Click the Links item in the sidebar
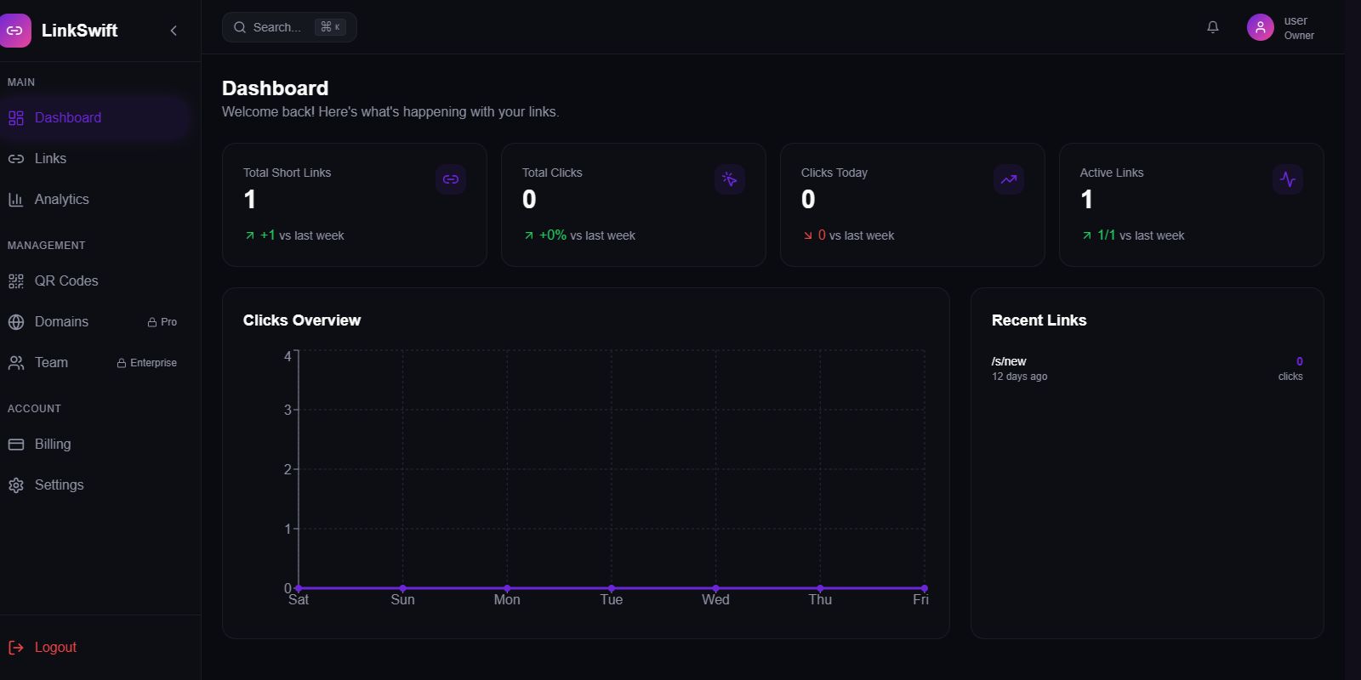coord(49,159)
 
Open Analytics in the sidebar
coord(61,200)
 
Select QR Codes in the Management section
coord(65,281)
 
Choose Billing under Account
coord(52,445)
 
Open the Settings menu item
coord(59,485)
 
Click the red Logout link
coord(54,648)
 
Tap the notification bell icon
coord(1213,27)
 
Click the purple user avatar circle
coord(1260,27)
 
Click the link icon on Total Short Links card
coord(451,179)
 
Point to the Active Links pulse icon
coord(1288,179)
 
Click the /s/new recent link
coord(1009,361)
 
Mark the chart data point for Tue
coord(612,588)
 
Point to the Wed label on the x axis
coord(715,600)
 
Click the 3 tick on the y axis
coord(288,410)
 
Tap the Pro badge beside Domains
coord(162,322)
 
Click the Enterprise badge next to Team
coord(147,363)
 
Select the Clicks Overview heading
coord(302,320)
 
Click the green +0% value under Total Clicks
coord(553,235)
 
